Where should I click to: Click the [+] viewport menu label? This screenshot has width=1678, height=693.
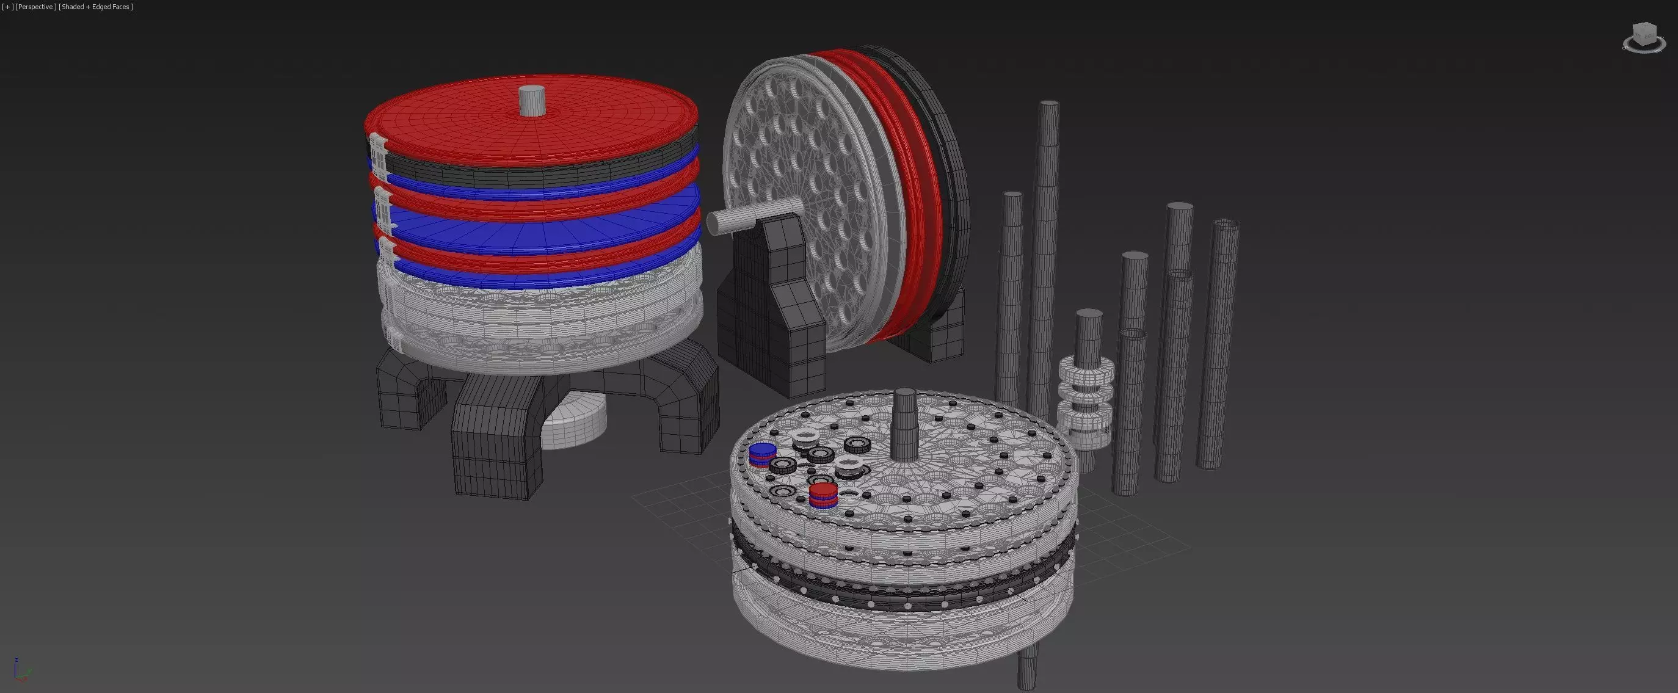point(8,7)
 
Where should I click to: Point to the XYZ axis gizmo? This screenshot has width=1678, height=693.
point(20,671)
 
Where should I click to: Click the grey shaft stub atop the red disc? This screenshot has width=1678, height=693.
point(532,100)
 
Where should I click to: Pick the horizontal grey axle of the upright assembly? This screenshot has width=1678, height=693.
point(749,216)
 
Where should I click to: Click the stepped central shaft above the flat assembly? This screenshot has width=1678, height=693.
point(904,423)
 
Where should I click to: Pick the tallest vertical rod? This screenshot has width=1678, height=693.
point(1045,247)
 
